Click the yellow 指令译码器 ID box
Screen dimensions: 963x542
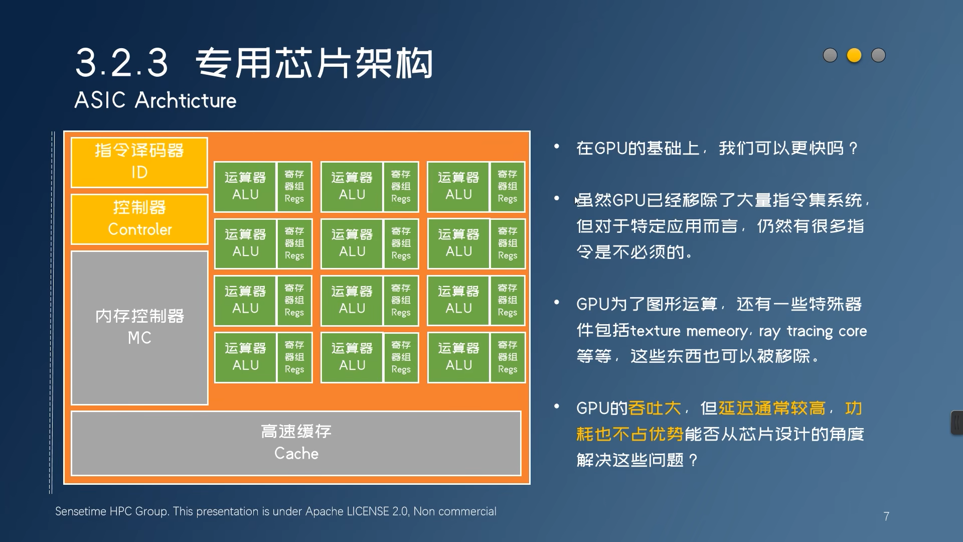pyautogui.click(x=139, y=162)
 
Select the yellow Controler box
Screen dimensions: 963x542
pyautogui.click(x=139, y=219)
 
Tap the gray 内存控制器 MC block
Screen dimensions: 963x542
pyautogui.click(x=139, y=328)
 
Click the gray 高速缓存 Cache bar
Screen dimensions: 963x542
pyautogui.click(x=296, y=443)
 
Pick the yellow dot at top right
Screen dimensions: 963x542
pyautogui.click(x=854, y=55)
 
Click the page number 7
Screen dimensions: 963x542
pyautogui.click(x=886, y=516)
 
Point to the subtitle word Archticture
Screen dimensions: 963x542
pyautogui.click(x=186, y=100)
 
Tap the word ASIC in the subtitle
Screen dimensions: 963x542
pyautogui.click(x=100, y=100)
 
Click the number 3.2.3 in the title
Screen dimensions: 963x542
pyautogui.click(x=122, y=63)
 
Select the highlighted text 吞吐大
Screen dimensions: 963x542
pyautogui.click(x=655, y=408)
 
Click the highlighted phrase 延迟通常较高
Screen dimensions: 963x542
pyautogui.click(x=772, y=408)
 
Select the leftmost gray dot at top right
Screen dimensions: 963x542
pyautogui.click(x=830, y=55)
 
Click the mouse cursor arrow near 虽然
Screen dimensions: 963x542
pyautogui.click(x=577, y=201)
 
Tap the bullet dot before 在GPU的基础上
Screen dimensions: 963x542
pyautogui.click(x=557, y=147)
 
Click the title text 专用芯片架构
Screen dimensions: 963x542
pyautogui.click(x=314, y=63)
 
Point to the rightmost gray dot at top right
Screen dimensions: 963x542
pyautogui.click(x=878, y=55)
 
